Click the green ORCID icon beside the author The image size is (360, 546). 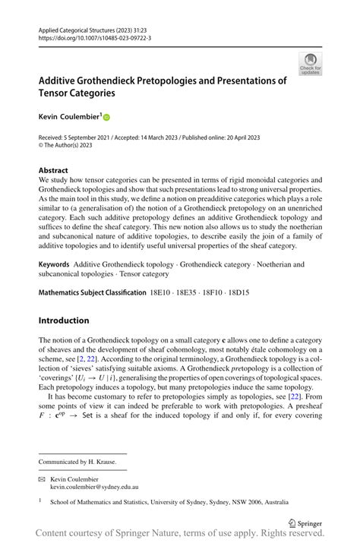pyautogui.click(x=106, y=118)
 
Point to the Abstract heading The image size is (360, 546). pyautogui.click(x=53, y=171)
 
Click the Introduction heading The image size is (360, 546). pyautogui.click(x=64, y=320)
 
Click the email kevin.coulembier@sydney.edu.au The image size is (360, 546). pyautogui.click(x=102, y=487)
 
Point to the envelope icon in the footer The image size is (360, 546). pyautogui.click(x=43, y=479)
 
